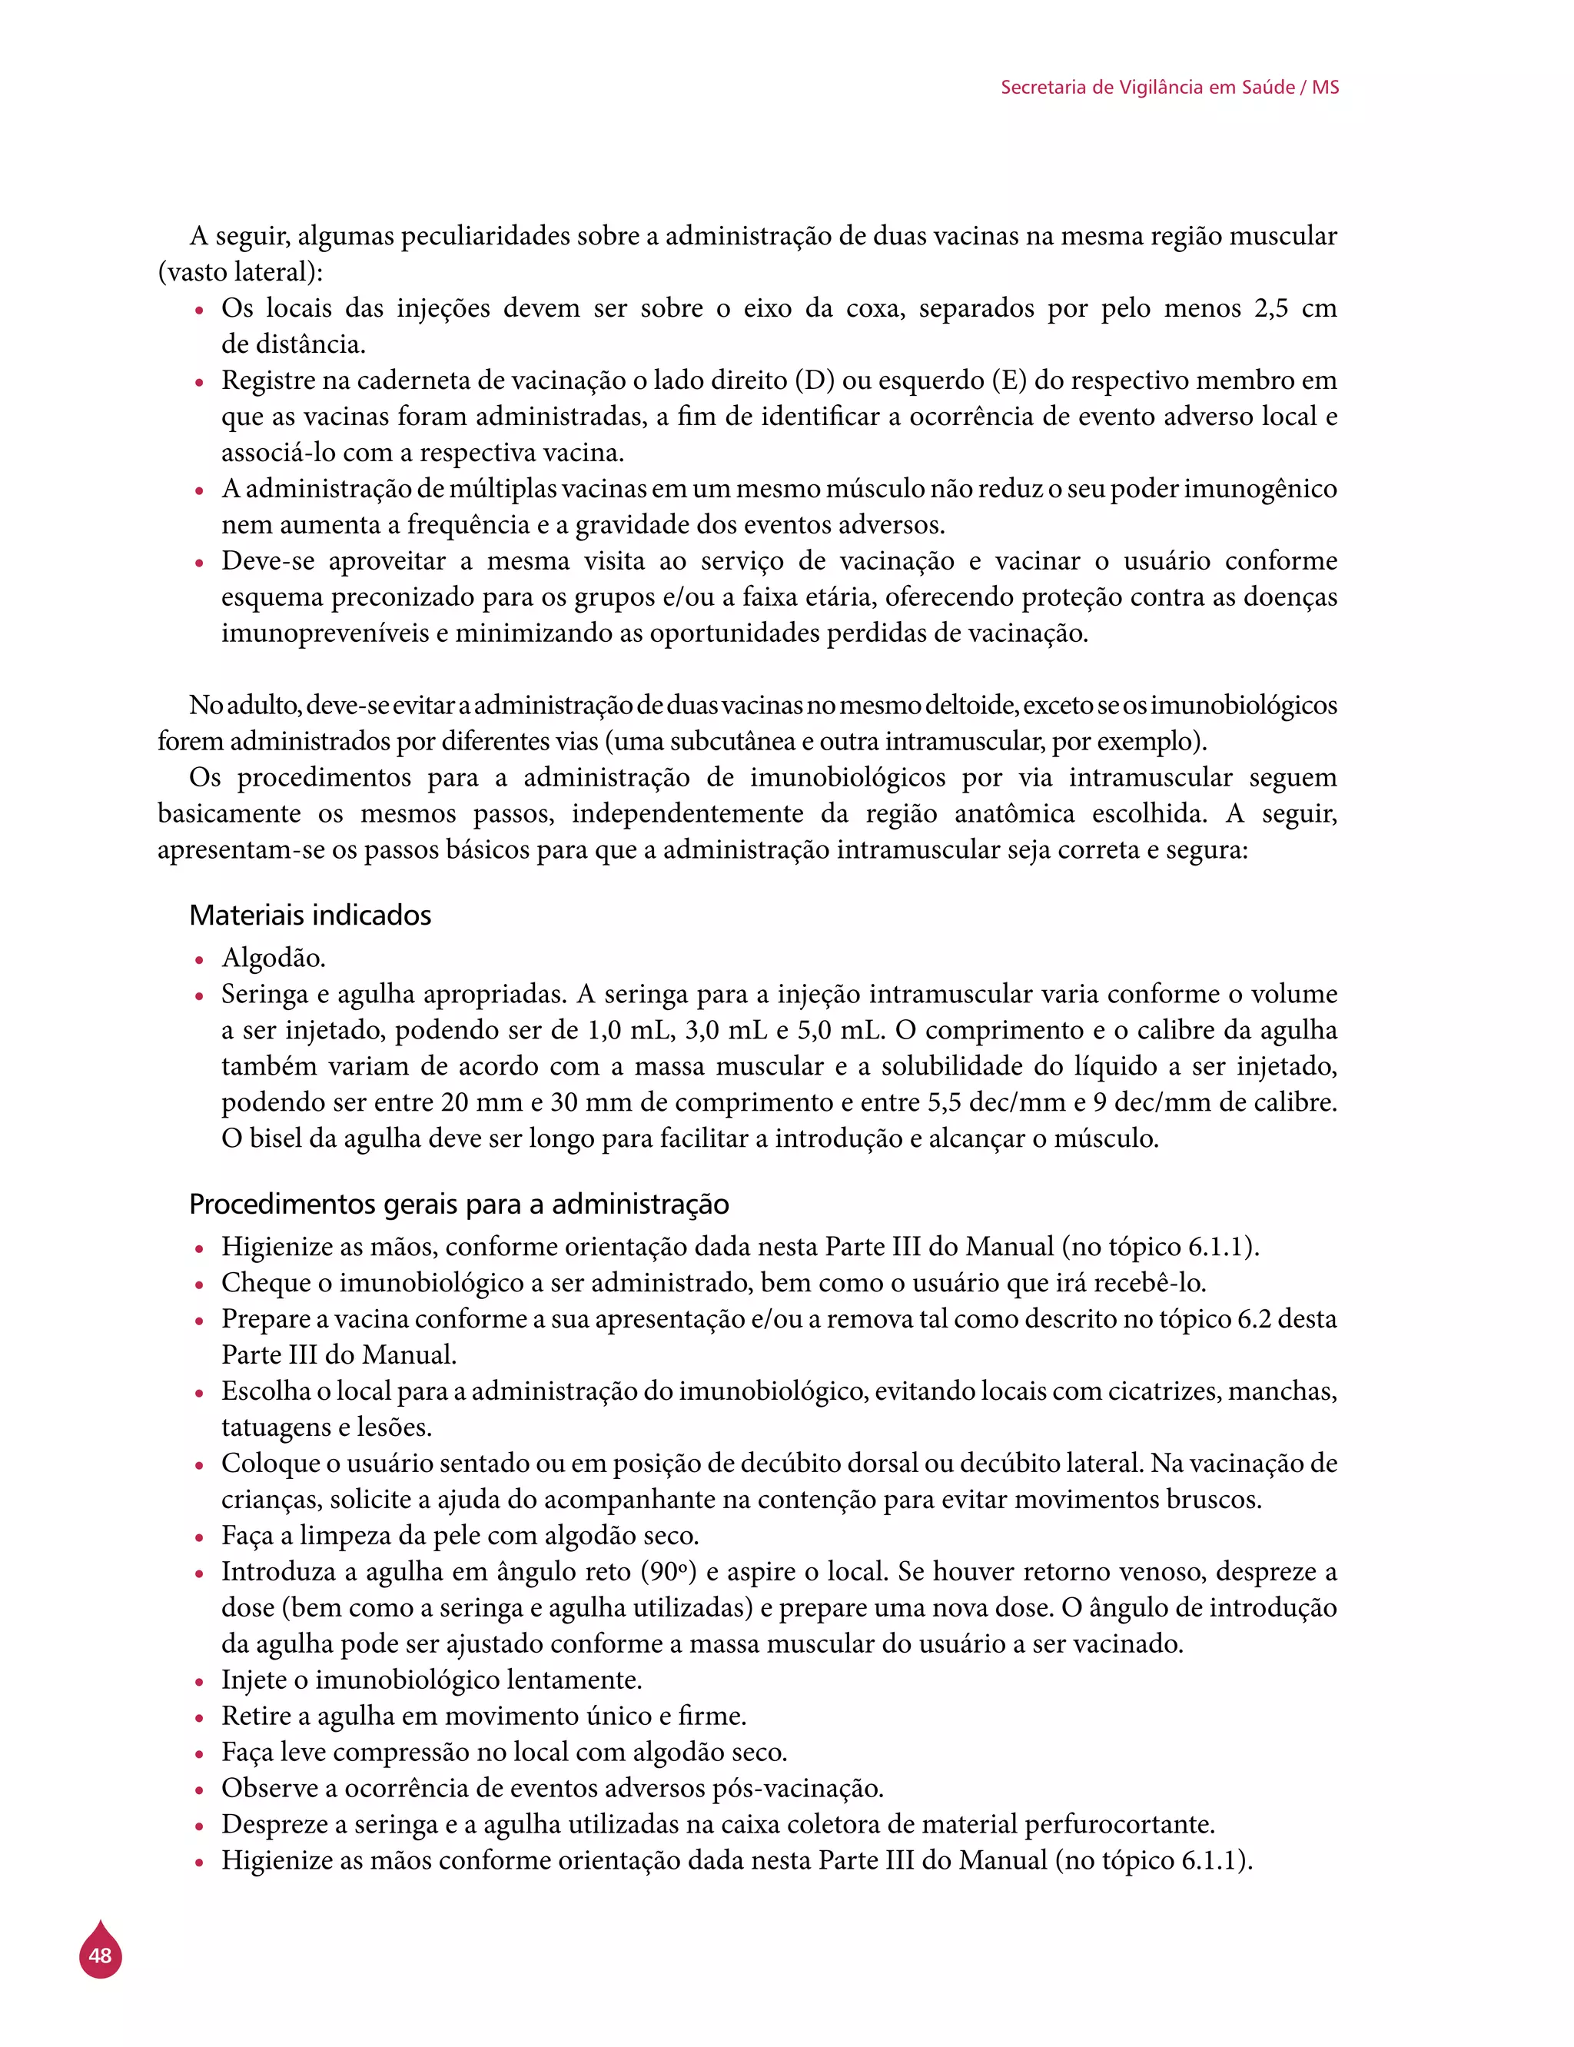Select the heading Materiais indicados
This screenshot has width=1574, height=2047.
coord(310,915)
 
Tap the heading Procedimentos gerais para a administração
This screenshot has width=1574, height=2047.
coord(458,1203)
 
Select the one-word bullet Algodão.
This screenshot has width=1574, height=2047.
coord(273,958)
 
